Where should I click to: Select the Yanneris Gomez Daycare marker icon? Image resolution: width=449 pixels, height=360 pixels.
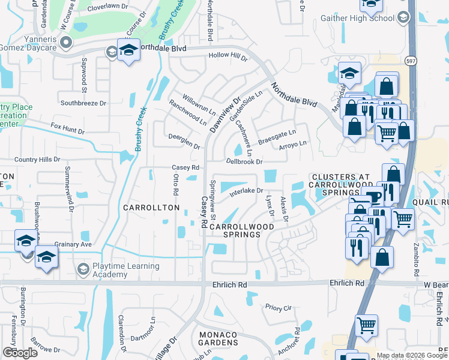tap(66, 42)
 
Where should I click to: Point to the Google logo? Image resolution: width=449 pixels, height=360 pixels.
tap(20, 353)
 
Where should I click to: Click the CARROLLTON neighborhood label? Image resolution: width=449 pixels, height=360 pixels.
tap(151, 208)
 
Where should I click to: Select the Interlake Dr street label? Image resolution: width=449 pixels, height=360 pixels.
tap(246, 192)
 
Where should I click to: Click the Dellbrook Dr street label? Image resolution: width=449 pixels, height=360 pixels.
tap(244, 161)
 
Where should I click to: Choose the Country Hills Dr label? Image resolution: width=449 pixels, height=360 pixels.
tap(39, 160)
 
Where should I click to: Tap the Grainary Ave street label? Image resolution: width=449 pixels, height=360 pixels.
tap(72, 244)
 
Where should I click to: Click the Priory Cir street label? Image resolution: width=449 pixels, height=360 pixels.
tap(278, 307)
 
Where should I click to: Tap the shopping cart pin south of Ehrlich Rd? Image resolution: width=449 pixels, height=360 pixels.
tap(366, 326)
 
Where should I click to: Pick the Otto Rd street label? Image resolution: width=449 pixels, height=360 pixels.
tap(176, 185)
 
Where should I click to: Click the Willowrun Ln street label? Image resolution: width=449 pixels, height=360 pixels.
tap(199, 103)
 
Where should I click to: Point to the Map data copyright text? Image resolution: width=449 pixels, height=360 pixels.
tap(412, 355)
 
